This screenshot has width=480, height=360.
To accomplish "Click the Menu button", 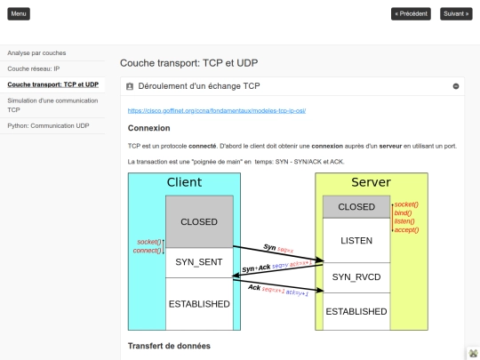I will pyautogui.click(x=19, y=14).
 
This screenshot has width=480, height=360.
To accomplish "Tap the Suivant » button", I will pyautogui.click(x=455, y=14).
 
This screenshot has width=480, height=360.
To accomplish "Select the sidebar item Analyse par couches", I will pyautogui.click(x=36, y=52).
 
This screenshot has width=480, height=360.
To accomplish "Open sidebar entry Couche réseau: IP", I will pyautogui.click(x=34, y=68).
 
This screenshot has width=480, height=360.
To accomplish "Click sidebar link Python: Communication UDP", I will pyautogui.click(x=49, y=126).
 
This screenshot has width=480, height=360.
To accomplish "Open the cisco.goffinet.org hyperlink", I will pyautogui.click(x=217, y=110).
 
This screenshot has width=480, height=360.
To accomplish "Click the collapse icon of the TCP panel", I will pyautogui.click(x=456, y=86).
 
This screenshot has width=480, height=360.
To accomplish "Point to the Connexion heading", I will pyautogui.click(x=149, y=128).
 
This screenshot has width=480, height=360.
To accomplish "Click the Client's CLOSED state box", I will pyautogui.click(x=199, y=221).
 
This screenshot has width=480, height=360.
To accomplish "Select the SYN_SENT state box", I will pyautogui.click(x=199, y=261).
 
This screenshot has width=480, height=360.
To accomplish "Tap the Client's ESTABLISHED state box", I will pyautogui.click(x=199, y=303).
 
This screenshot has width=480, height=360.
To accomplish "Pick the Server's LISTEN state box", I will pyautogui.click(x=356, y=241).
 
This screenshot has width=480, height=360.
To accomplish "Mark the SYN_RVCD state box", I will pyautogui.click(x=356, y=276).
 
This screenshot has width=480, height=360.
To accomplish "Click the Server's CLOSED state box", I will pyautogui.click(x=356, y=207).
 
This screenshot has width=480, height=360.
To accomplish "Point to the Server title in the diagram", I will pyautogui.click(x=371, y=182).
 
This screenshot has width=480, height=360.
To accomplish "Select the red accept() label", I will pyautogui.click(x=406, y=229).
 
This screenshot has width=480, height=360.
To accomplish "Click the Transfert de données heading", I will pyautogui.click(x=169, y=345).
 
